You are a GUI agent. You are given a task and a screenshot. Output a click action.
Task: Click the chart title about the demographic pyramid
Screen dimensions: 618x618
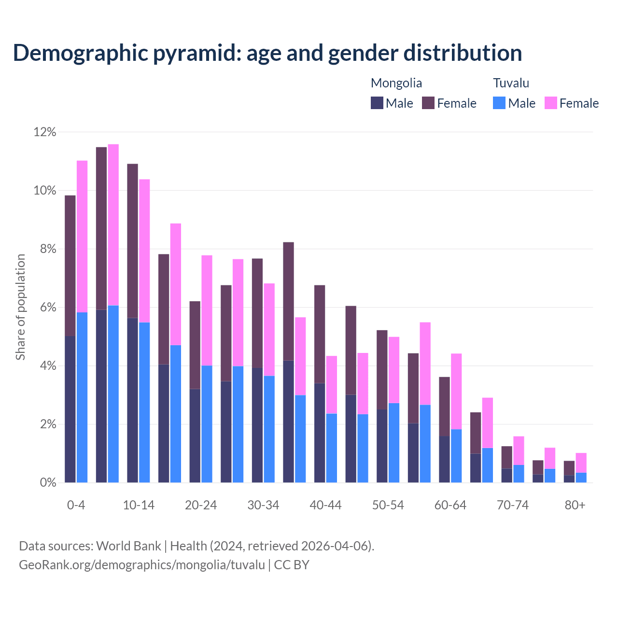pos(267,53)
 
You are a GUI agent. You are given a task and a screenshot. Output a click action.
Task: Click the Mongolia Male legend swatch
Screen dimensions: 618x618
pos(377,103)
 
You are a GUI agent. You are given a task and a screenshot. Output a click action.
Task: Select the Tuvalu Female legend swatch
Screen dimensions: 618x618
pos(550,103)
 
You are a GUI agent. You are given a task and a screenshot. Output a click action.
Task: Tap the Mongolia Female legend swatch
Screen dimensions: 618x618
pos(428,103)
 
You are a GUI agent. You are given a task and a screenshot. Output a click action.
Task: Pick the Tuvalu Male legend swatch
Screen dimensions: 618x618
pos(499,103)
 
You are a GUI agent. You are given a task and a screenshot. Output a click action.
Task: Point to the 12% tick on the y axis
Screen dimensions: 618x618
pos(45,132)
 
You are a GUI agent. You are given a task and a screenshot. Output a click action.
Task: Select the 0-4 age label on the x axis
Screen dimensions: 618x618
pos(76,505)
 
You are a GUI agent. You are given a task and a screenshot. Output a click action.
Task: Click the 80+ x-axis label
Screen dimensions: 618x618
pos(575,505)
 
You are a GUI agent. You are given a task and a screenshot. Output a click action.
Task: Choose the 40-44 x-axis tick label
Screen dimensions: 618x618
pos(325,505)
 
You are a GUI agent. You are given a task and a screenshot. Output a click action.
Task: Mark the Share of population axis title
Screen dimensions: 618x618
pos(20,307)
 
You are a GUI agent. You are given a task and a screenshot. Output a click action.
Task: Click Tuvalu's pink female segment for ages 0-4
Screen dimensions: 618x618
pos(82,237)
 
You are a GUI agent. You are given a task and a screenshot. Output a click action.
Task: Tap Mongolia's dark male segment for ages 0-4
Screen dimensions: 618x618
pos(70,409)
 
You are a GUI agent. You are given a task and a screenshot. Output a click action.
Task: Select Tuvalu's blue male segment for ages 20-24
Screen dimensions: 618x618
pos(207,424)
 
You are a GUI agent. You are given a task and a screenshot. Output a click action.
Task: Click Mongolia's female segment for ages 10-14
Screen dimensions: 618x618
pos(132,241)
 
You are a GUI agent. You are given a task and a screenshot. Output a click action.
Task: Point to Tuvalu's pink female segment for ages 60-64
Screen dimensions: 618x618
pos(456,392)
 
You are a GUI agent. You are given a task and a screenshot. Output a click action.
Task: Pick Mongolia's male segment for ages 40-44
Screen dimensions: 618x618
pos(320,433)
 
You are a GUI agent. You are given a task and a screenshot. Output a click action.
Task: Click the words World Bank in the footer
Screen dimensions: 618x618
pos(128,546)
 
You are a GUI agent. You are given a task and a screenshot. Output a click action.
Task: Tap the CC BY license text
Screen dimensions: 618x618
pos(292,564)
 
